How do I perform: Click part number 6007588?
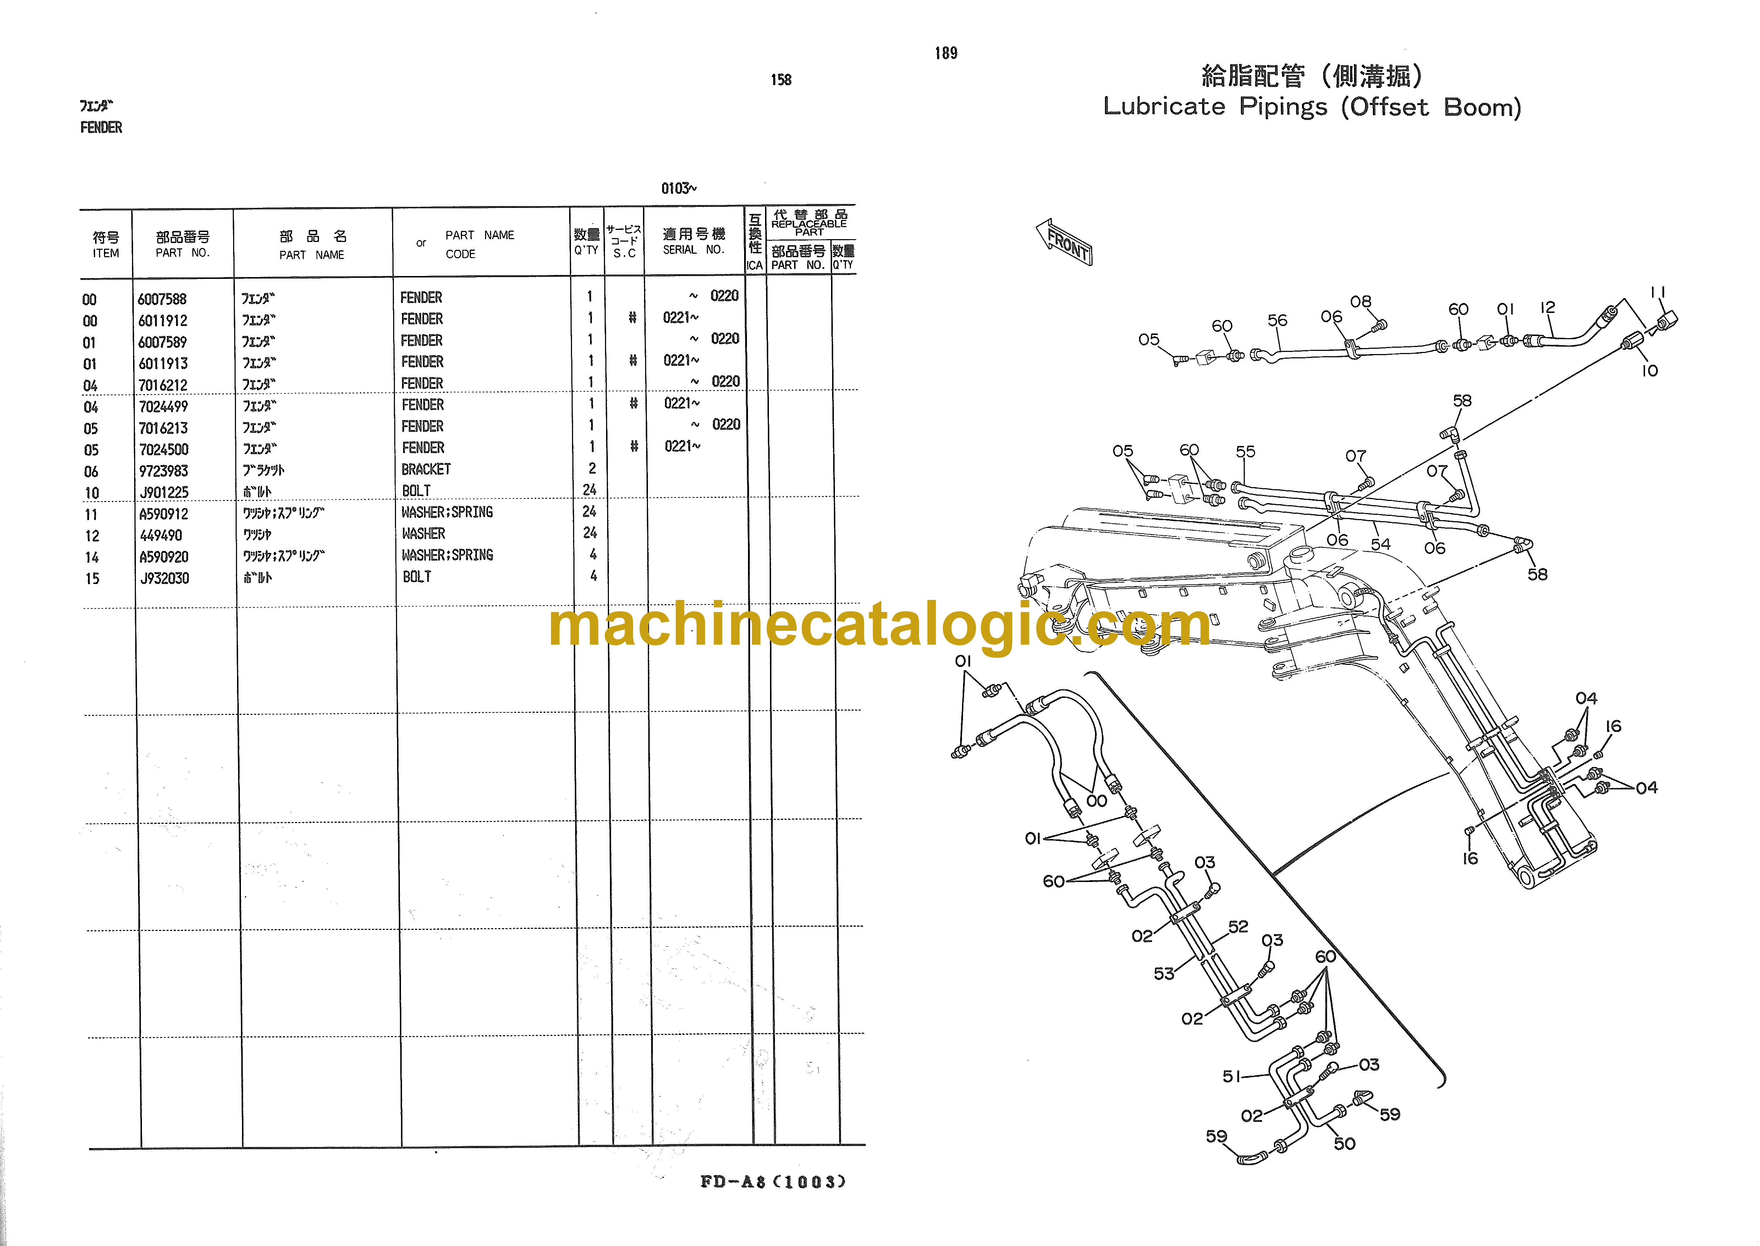(x=162, y=299)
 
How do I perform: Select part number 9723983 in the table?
(x=164, y=471)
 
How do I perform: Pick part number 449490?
(x=161, y=535)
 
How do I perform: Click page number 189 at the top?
(x=946, y=53)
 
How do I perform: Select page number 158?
(x=781, y=80)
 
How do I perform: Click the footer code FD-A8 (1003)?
(x=772, y=1181)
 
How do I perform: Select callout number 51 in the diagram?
(x=1231, y=1076)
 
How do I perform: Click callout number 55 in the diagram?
(x=1245, y=452)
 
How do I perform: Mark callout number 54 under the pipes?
(x=1380, y=544)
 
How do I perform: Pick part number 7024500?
(x=164, y=450)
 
